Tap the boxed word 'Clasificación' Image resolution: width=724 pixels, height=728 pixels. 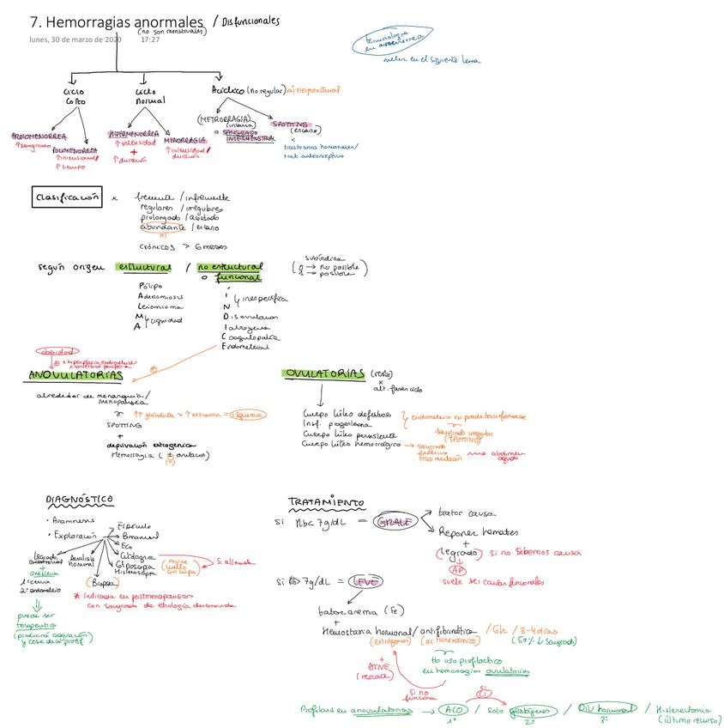(67, 197)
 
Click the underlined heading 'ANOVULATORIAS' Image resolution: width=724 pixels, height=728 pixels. (75, 375)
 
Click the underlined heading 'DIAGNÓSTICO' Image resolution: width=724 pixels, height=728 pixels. (79, 499)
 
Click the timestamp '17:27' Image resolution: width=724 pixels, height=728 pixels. (150, 39)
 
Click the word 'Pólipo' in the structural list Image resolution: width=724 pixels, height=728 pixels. (149, 287)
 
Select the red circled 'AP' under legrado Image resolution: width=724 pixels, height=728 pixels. (458, 568)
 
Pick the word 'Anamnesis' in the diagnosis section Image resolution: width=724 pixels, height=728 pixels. (71, 521)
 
